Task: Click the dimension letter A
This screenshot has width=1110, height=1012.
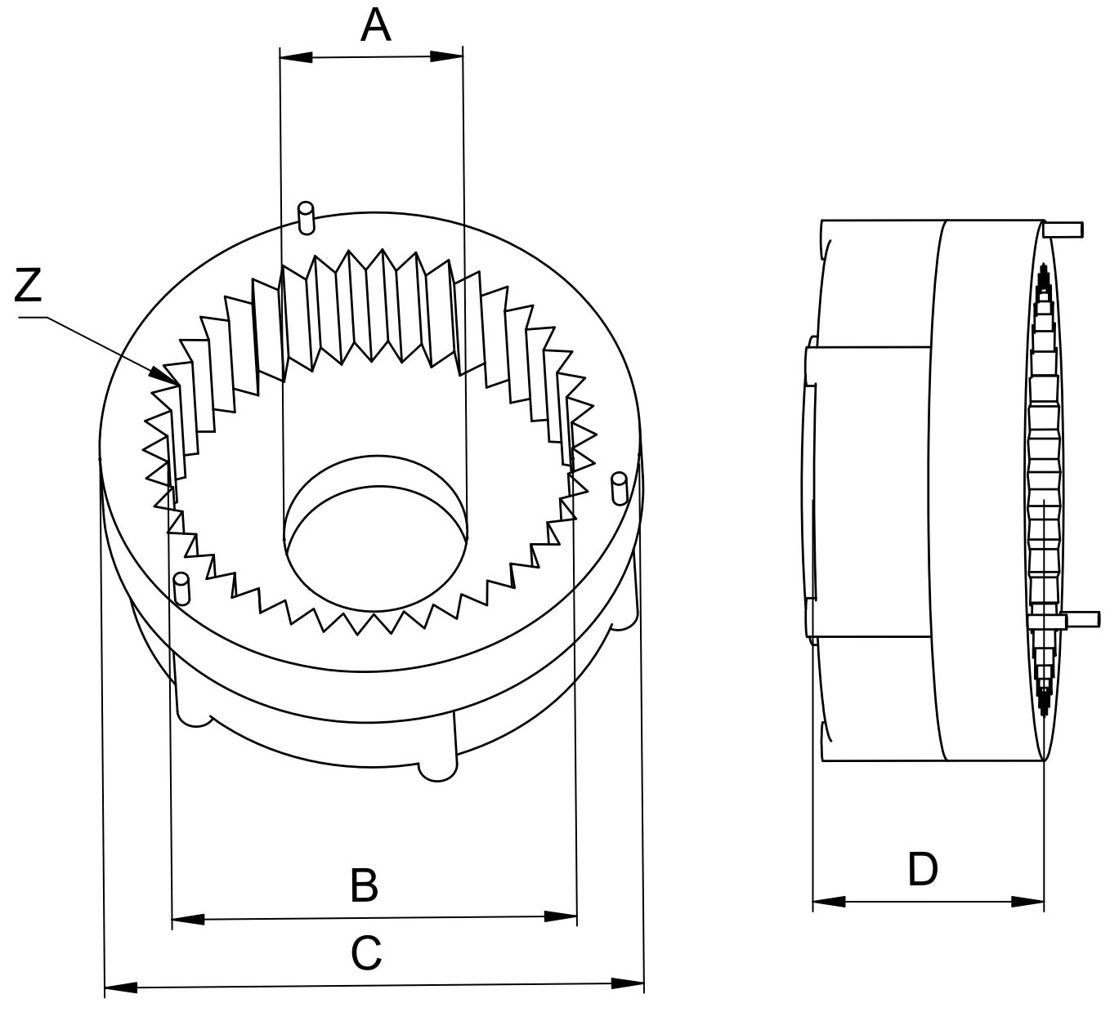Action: tap(375, 26)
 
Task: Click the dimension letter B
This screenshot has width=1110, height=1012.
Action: tap(364, 885)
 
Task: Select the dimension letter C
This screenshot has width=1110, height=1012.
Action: tap(367, 953)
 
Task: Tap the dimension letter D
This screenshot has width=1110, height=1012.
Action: tap(923, 870)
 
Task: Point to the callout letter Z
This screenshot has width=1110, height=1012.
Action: tap(29, 286)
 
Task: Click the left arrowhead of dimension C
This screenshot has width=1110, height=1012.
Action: tap(121, 988)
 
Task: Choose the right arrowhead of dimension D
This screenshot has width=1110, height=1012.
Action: tap(1028, 903)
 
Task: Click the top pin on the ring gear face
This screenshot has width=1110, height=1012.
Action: tap(307, 216)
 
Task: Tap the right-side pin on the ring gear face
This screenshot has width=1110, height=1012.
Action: tap(619, 488)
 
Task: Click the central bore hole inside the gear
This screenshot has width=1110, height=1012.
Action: tap(374, 547)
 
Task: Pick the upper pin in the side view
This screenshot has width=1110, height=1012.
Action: tap(1064, 229)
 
